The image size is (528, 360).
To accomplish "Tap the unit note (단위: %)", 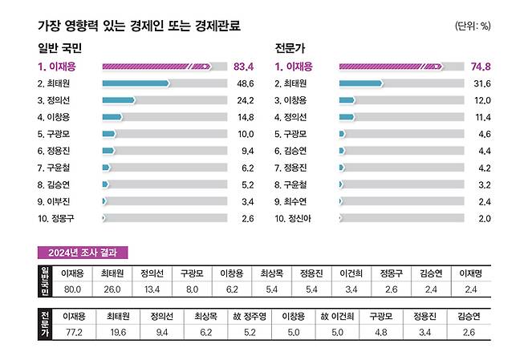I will [473, 26].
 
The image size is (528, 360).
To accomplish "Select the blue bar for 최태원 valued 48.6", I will [136, 83].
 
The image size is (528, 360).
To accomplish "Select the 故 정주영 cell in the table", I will [250, 316].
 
